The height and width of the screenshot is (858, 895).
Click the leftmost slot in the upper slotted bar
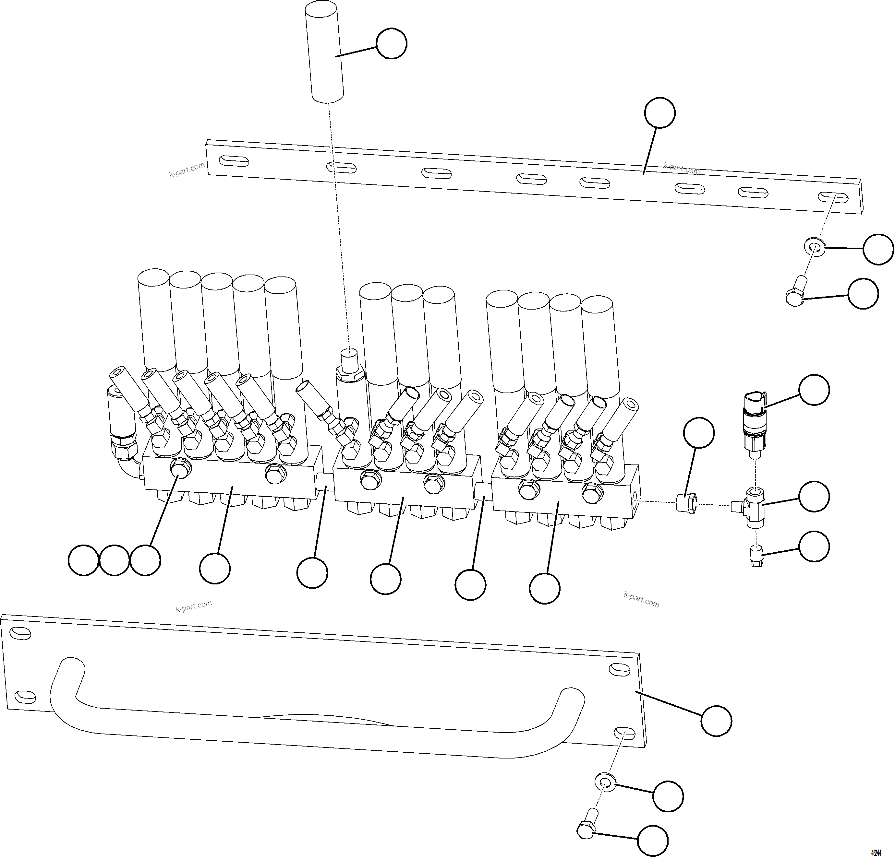point(234,161)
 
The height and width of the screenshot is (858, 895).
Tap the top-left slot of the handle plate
point(20,633)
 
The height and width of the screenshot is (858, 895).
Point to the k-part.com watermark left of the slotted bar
point(187,170)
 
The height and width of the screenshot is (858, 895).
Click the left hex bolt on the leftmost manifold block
point(179,469)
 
